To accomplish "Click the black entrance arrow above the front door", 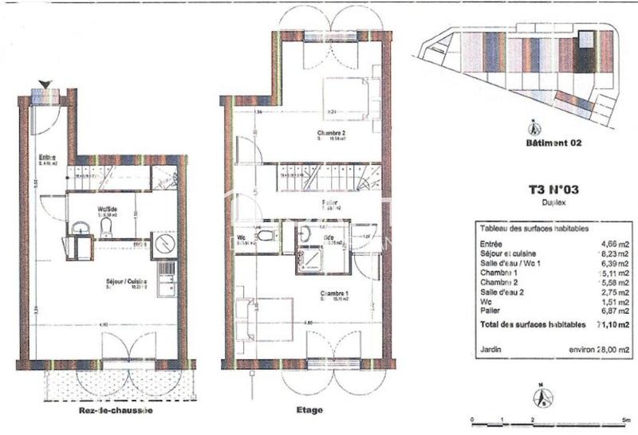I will [45, 84].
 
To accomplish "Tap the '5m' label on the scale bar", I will [626, 420].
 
